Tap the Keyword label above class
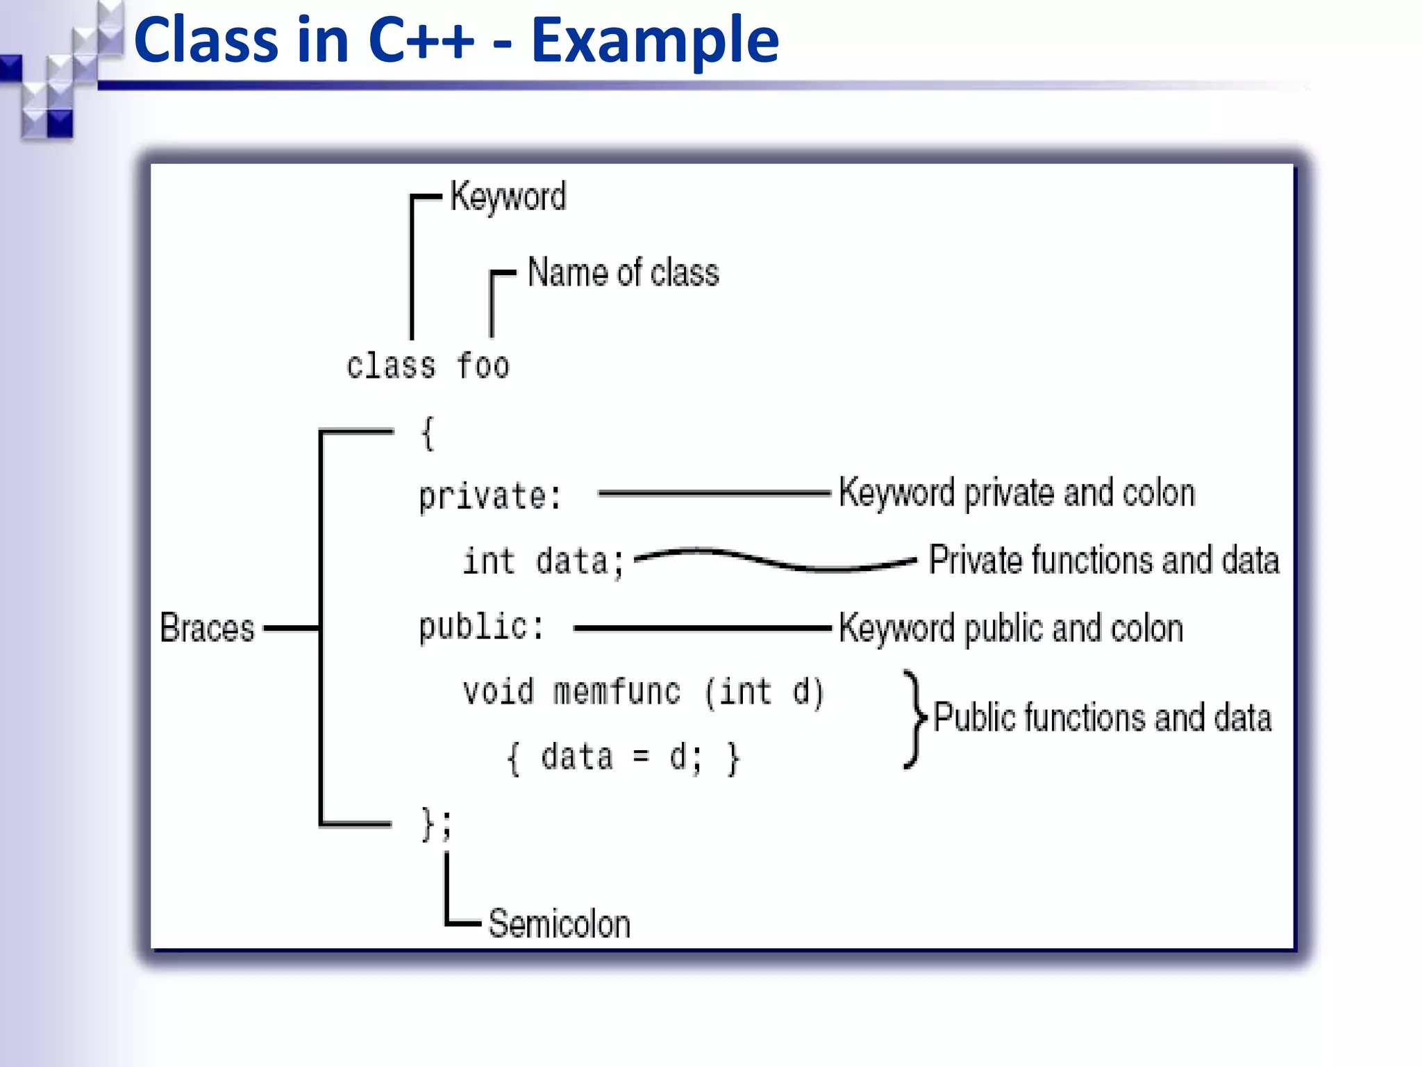[508, 197]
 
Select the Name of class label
[623, 272]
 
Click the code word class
[391, 366]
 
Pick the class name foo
[483, 366]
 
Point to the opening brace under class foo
[428, 433]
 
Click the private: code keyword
[490, 496]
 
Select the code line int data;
[544, 561]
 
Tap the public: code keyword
[481, 627]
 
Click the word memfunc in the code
[617, 692]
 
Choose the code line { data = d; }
[624, 757]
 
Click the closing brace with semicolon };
[436, 825]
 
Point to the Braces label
[207, 628]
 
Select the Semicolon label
[559, 924]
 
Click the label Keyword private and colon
[1017, 493]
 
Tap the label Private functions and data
[1104, 561]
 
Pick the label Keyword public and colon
[1011, 629]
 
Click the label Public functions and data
[1102, 718]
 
